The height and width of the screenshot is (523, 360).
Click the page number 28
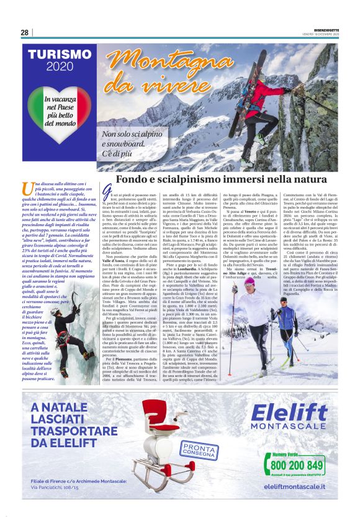coord(24,32)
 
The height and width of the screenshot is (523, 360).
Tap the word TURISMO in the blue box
coord(60,55)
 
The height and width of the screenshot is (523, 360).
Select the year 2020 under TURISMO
coord(60,68)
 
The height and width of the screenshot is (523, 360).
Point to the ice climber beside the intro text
coord(66,339)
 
